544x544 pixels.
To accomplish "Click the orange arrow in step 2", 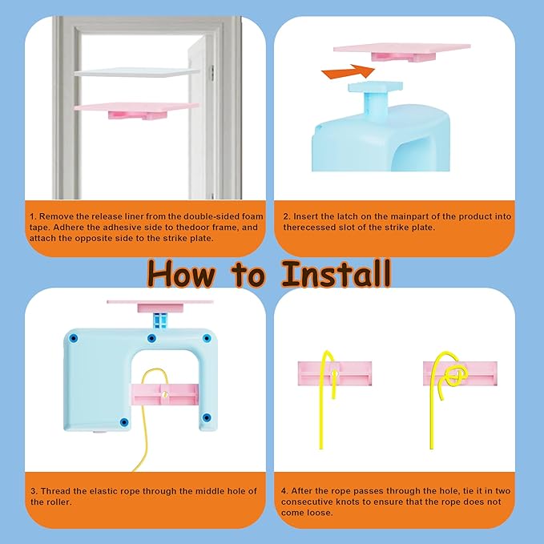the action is [349, 72].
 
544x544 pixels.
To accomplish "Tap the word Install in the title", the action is [336, 273].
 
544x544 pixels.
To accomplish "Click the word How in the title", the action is [181, 273].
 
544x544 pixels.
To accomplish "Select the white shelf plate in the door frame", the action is [137, 72].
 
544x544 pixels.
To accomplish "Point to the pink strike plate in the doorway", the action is [136, 110].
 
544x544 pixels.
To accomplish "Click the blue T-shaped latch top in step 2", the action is [376, 87].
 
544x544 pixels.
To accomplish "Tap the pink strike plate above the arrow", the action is [401, 51].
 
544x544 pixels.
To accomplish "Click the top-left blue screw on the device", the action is [73, 338].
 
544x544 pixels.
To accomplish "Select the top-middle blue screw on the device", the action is [151, 338].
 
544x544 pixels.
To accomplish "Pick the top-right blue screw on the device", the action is [207, 338].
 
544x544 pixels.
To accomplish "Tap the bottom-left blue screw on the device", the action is [124, 422].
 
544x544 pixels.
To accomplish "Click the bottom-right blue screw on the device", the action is [207, 417].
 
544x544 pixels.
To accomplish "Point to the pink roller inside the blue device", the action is [164, 394].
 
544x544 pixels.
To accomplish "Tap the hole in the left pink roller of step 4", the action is [334, 374].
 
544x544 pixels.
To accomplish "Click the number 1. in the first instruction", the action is [33, 217].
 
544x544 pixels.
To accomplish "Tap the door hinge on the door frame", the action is [212, 73].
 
